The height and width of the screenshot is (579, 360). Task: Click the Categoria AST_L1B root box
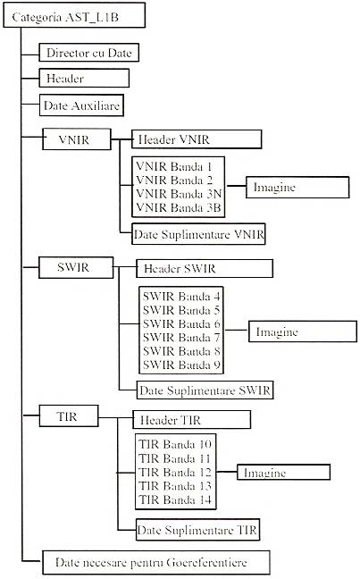point(74,15)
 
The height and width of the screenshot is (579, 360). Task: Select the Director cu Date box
point(89,53)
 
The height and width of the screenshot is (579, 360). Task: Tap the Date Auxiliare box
point(81,105)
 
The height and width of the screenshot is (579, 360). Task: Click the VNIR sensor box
point(77,139)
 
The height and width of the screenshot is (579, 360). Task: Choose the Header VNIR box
point(197,139)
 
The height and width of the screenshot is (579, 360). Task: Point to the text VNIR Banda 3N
point(179,194)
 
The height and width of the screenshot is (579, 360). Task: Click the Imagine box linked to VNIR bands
point(297,188)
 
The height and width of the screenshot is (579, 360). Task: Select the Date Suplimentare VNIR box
point(198,234)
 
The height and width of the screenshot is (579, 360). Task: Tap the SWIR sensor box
point(76,267)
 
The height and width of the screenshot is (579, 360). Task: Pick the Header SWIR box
point(205,268)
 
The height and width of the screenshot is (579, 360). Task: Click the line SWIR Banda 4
point(181,296)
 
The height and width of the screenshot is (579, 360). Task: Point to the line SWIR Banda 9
point(181,365)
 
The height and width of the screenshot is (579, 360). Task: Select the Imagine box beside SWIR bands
point(303,331)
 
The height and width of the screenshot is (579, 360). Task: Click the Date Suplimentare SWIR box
point(205,390)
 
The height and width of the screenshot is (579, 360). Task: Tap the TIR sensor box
point(69,415)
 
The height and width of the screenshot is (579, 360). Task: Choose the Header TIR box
point(192,419)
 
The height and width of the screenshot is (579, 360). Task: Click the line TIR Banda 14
point(175,499)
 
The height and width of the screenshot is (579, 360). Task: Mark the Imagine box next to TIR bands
point(283,473)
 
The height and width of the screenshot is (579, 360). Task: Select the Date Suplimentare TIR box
point(198,530)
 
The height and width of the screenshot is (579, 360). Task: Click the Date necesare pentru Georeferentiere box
point(156,563)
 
